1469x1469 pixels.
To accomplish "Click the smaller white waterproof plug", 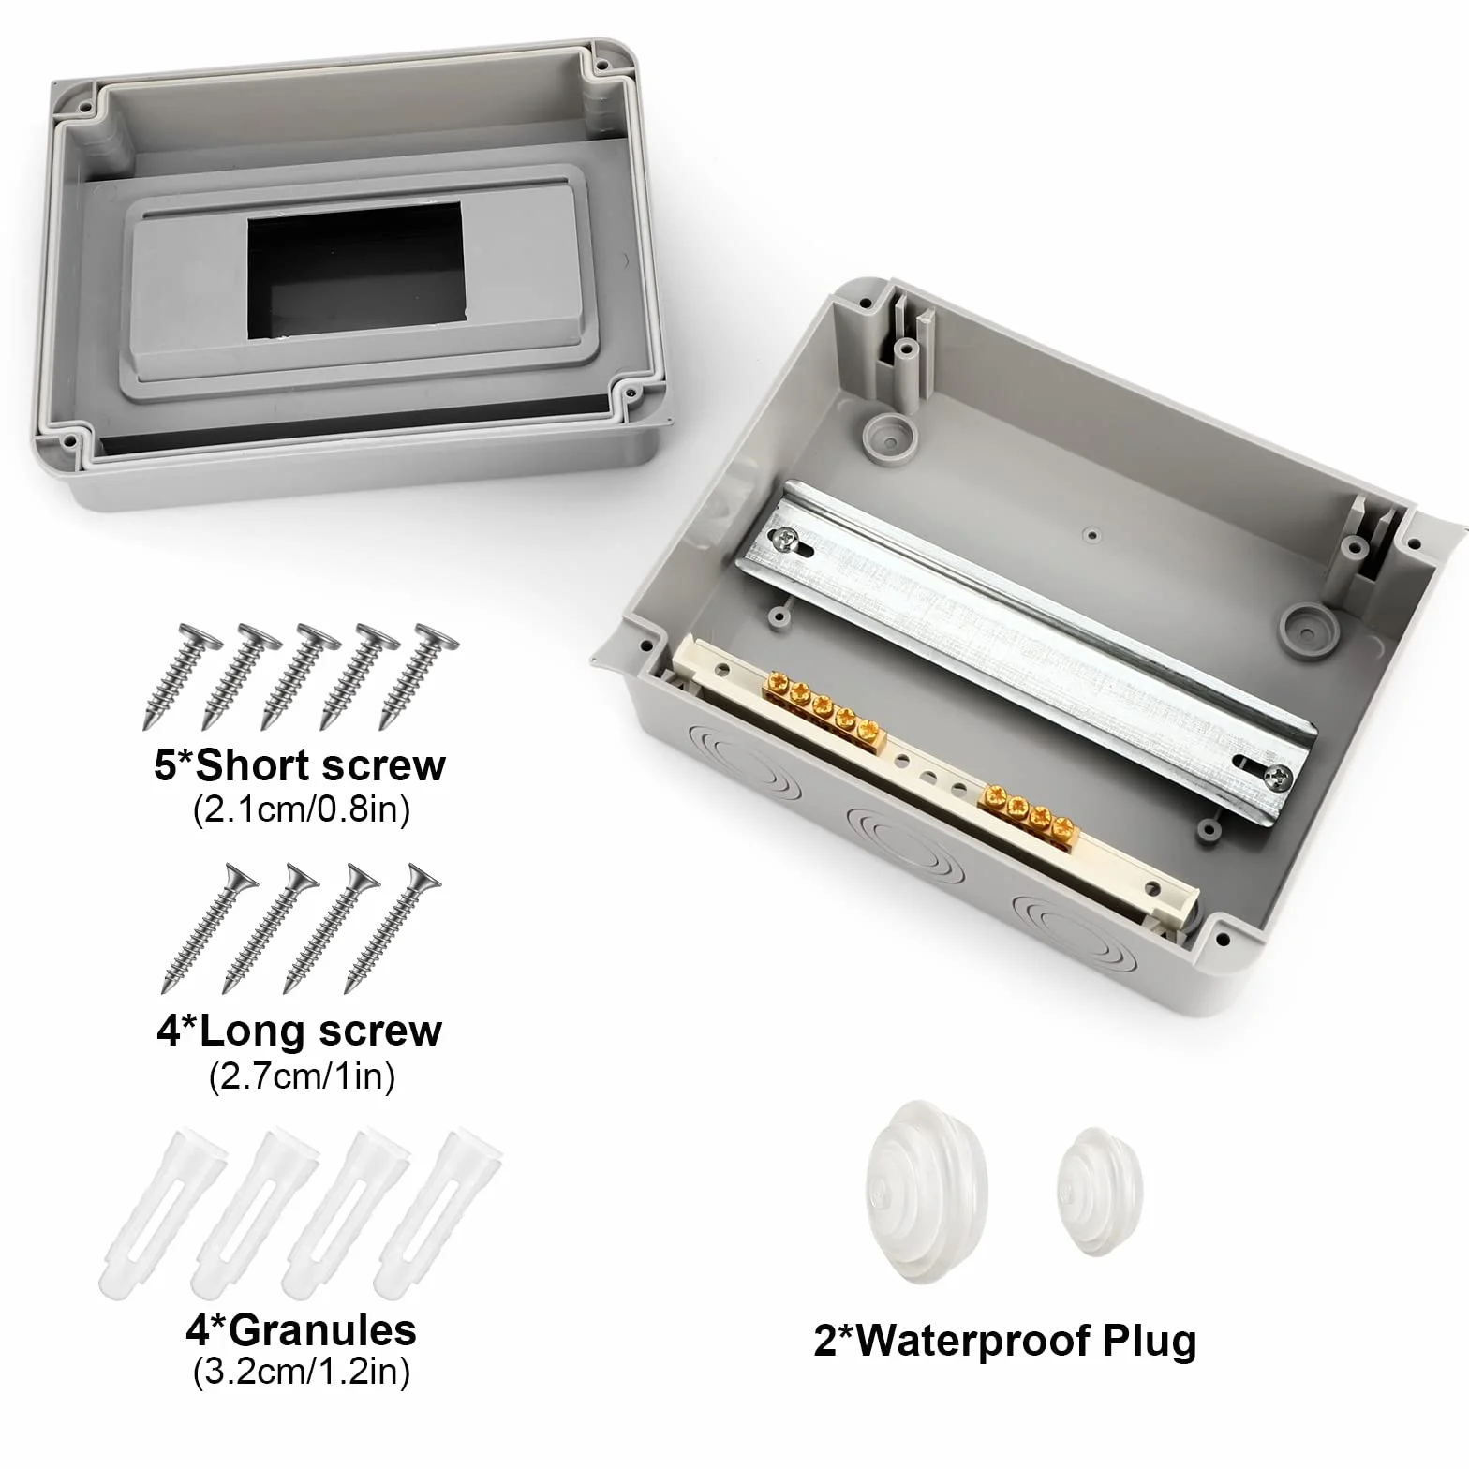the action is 1095,1191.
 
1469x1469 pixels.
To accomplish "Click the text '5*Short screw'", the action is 300,765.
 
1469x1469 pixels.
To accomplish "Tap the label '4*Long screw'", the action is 299,1031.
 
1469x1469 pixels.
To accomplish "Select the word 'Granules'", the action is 322,1329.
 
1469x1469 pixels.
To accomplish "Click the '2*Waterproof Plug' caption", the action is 1005,1341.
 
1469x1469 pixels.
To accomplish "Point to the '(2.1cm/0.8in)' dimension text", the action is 302,809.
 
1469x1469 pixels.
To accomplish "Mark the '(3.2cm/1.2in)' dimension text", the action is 302,1373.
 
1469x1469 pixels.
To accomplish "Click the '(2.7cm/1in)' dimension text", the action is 302,1076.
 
